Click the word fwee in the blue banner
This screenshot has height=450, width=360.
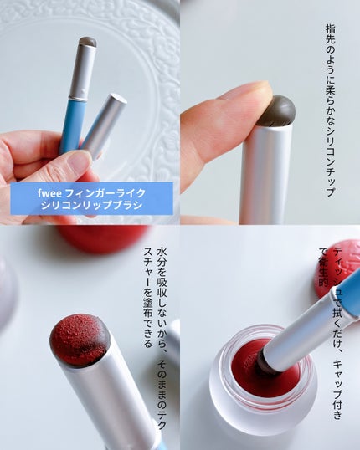pos(49,193)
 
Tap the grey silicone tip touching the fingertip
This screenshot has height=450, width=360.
pos(277,110)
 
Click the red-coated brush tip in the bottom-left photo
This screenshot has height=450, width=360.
pos(79,340)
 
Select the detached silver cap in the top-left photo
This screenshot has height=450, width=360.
pos(105,125)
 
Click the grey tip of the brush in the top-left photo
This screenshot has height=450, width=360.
pos(87,42)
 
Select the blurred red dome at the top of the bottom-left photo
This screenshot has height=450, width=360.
pos(103,238)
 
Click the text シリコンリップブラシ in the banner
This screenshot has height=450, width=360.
pos(91,205)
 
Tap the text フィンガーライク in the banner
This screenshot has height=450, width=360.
pos(105,193)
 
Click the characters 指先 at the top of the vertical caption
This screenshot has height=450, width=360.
pos(331,33)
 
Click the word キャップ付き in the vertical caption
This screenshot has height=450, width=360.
pos(338,390)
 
